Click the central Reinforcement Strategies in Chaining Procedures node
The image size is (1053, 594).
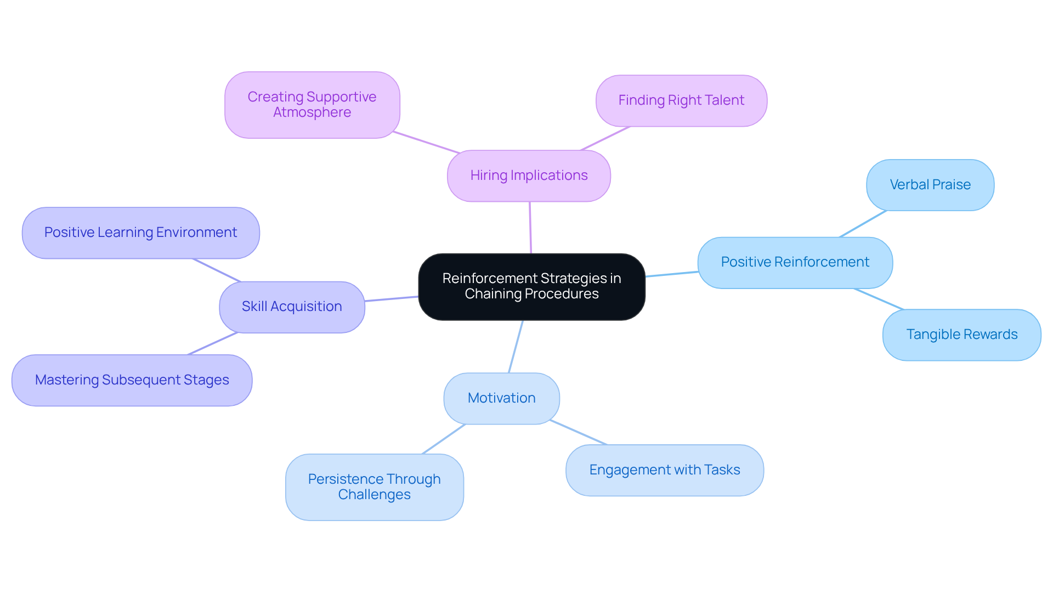pyautogui.click(x=531, y=286)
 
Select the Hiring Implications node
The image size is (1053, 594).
pyautogui.click(x=529, y=176)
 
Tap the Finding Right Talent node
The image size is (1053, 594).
pyautogui.click(x=681, y=100)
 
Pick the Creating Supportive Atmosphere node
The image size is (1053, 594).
pyautogui.click(x=312, y=104)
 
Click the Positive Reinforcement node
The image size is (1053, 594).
pyautogui.click(x=795, y=262)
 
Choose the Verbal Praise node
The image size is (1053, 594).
pyautogui.click(x=930, y=185)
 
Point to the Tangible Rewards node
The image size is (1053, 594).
pyautogui.click(x=961, y=335)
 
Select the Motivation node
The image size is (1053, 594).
pyautogui.click(x=501, y=398)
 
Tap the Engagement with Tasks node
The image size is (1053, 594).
pyautogui.click(x=664, y=470)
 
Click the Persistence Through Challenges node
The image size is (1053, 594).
pyautogui.click(x=374, y=486)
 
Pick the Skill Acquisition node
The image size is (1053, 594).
pyautogui.click(x=292, y=307)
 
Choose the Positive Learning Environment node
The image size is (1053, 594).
pyautogui.click(x=140, y=233)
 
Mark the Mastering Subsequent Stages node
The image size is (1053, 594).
pyautogui.click(x=132, y=380)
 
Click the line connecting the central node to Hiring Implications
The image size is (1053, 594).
pyautogui.click(x=530, y=228)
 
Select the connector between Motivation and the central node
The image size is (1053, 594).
pyautogui.click(x=516, y=347)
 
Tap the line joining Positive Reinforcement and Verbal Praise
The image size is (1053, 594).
pyautogui.click(x=863, y=224)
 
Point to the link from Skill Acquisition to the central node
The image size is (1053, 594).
pyautogui.click(x=392, y=298)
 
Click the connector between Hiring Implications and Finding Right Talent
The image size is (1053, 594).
pyautogui.click(x=605, y=138)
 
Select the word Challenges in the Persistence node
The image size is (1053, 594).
pyautogui.click(x=374, y=495)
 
